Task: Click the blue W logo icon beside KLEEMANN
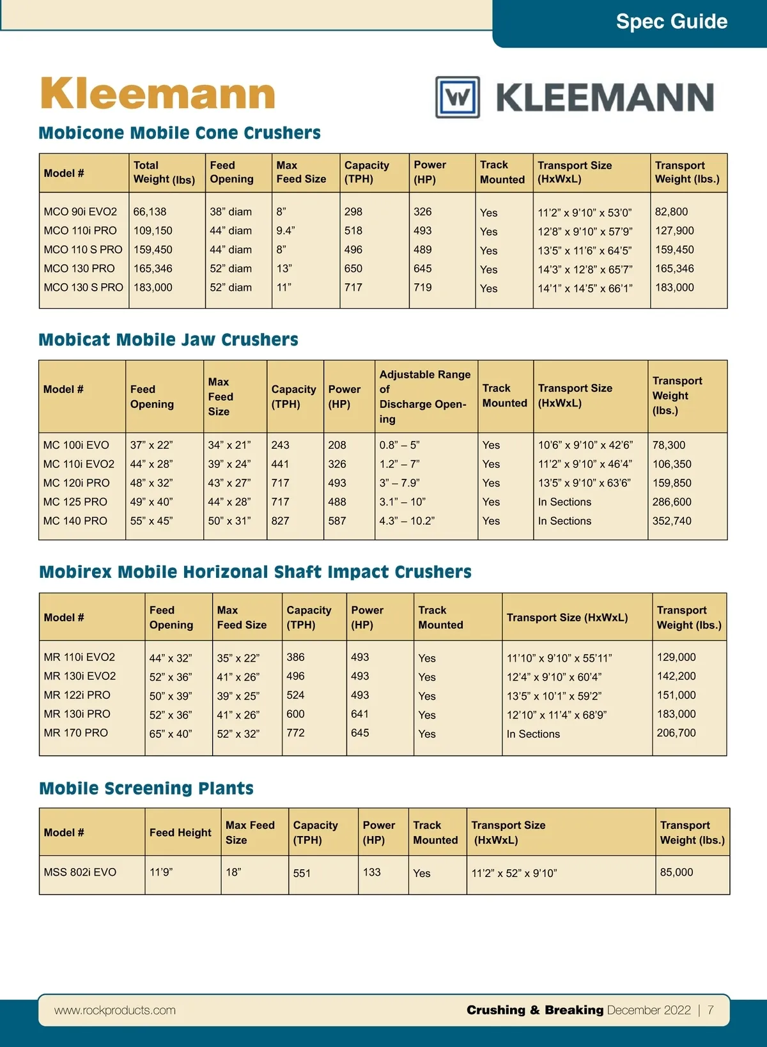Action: coord(458,97)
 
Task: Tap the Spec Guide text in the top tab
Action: coord(671,22)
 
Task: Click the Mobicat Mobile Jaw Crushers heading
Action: coord(168,339)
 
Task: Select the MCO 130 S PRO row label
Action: coord(83,288)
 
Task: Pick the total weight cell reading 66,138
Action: coord(150,212)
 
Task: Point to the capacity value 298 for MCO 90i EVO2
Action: coord(353,212)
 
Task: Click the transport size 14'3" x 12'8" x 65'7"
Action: coord(585,270)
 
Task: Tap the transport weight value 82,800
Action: coord(671,212)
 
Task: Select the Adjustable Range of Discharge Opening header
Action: coord(424,396)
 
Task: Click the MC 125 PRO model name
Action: coord(75,502)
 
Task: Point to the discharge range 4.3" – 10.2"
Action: coord(407,521)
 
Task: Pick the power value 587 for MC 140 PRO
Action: coord(337,521)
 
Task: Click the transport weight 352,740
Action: coord(672,521)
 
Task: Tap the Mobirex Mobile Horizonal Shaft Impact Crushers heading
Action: coord(255,571)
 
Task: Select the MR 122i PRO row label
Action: coord(77,695)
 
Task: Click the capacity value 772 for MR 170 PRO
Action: coord(295,733)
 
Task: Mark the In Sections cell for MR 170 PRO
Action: coord(533,734)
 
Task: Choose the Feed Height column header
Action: coord(180,832)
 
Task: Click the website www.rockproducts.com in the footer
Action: coord(115,1010)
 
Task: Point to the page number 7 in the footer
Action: coord(710,1010)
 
